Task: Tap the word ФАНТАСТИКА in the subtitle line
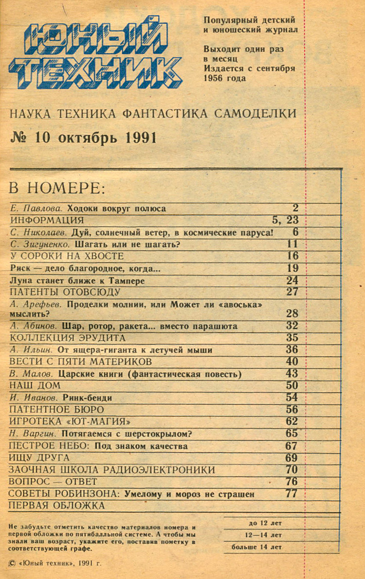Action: pos(161,114)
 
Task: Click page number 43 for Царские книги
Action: pos(292,373)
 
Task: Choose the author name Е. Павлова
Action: pos(37,209)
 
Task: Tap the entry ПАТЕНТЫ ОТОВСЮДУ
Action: pos(65,292)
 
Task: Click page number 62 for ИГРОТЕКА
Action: pos(292,421)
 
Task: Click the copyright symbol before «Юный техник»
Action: pos(13,563)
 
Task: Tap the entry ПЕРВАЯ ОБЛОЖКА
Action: pos(57,506)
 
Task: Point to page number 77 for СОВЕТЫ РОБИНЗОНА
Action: pos(292,494)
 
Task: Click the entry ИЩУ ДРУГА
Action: pos(40,457)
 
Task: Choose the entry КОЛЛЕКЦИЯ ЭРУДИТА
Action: pos(68,338)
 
